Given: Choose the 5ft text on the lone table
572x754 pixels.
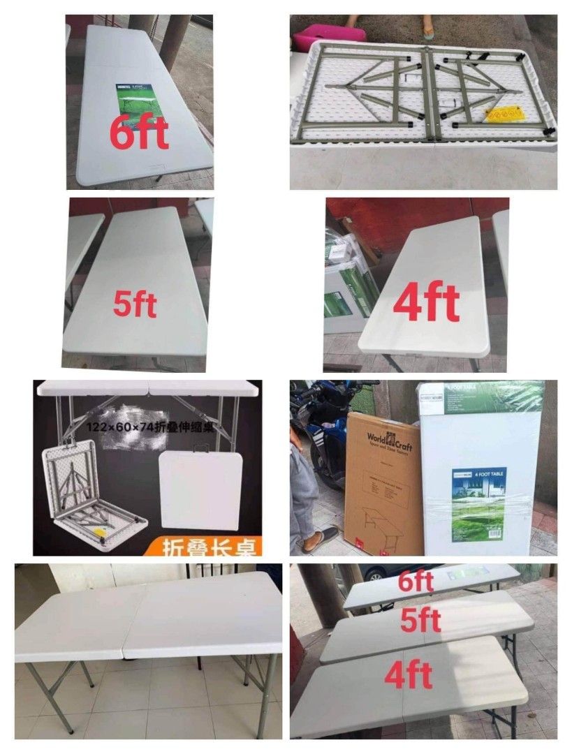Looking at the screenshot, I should click(x=135, y=304).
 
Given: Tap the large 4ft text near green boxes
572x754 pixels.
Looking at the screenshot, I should click(x=427, y=302).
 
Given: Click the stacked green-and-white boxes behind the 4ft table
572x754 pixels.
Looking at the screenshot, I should click(x=349, y=286).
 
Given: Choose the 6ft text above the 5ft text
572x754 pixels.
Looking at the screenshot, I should click(x=416, y=582).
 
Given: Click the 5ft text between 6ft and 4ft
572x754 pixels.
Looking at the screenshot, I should click(x=420, y=619).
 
